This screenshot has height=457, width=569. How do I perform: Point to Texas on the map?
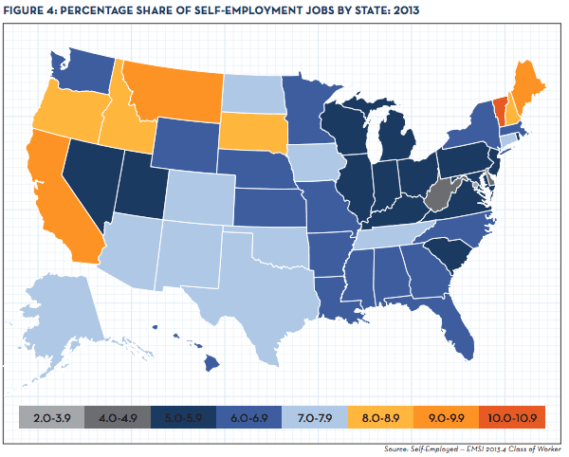point(256,280)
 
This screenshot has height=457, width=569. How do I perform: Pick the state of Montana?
point(166,90)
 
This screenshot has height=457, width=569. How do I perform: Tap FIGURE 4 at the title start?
point(34,10)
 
